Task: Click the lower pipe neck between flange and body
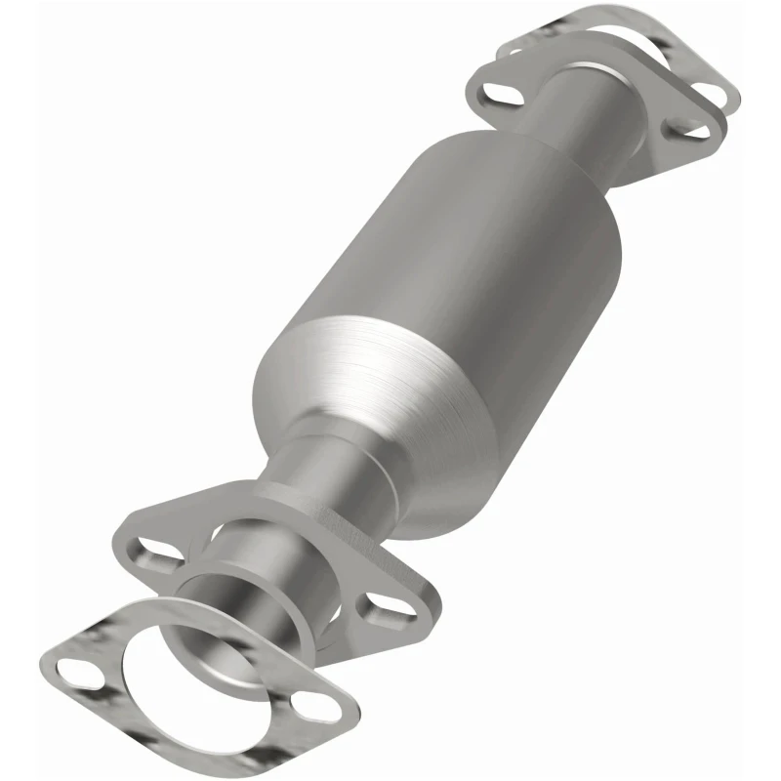(x=322, y=478)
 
